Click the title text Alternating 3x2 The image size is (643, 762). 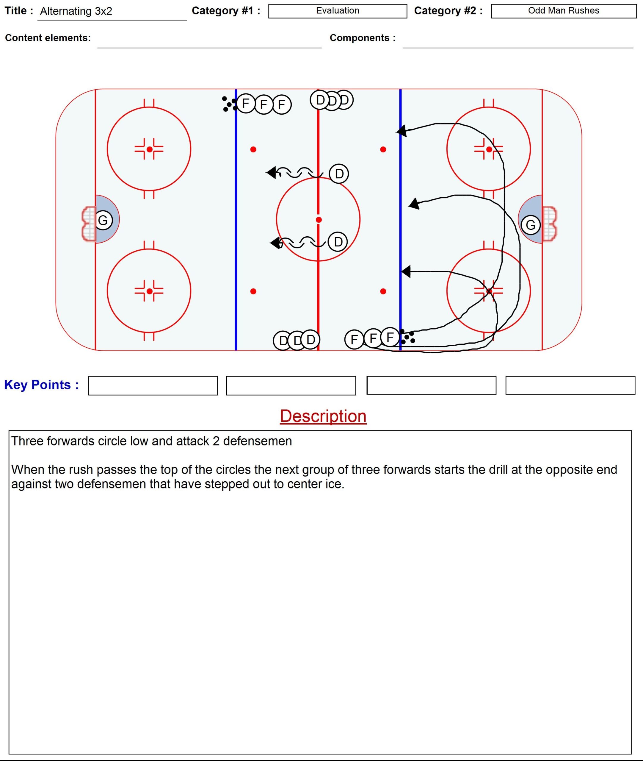pyautogui.click(x=76, y=11)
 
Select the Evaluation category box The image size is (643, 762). pyautogui.click(x=337, y=11)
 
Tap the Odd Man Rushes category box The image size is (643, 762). pyautogui.click(x=563, y=11)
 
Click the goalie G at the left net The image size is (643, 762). pyautogui.click(x=103, y=220)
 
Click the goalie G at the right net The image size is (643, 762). pyautogui.click(x=530, y=225)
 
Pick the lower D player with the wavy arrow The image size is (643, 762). pyautogui.click(x=338, y=241)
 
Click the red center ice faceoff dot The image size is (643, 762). pyautogui.click(x=319, y=220)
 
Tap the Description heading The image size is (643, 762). pyautogui.click(x=323, y=416)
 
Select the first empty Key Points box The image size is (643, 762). pyautogui.click(x=153, y=385)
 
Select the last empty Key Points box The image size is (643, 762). pyautogui.click(x=570, y=385)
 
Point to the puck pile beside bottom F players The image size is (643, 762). pyautogui.click(x=407, y=337)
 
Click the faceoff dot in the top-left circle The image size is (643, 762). pyautogui.click(x=150, y=149)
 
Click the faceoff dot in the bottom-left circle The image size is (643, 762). pyautogui.click(x=150, y=291)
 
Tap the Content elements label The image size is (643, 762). pyautogui.click(x=48, y=38)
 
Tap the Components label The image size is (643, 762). pyautogui.click(x=362, y=38)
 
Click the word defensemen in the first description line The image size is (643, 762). pyautogui.click(x=257, y=441)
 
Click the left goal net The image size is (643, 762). pyautogui.click(x=89, y=224)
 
